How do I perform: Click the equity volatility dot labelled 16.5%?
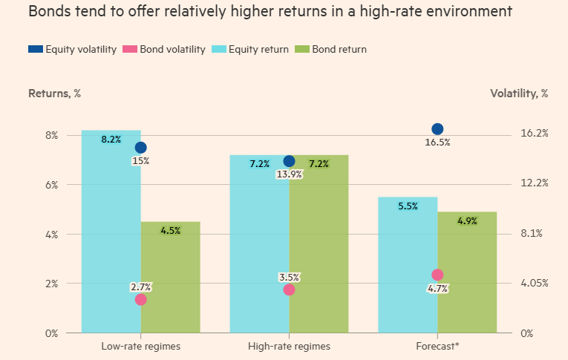pos(437,129)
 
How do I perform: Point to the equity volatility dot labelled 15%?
pos(140,148)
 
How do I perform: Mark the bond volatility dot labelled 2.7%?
pos(140,299)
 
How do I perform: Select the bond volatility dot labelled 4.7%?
pos(437,275)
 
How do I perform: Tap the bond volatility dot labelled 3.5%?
pos(289,289)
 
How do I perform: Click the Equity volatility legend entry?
pos(72,50)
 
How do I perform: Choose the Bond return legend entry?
pos(333,50)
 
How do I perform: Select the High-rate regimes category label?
pos(289,346)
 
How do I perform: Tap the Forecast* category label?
pos(437,346)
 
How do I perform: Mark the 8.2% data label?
pos(111,140)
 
